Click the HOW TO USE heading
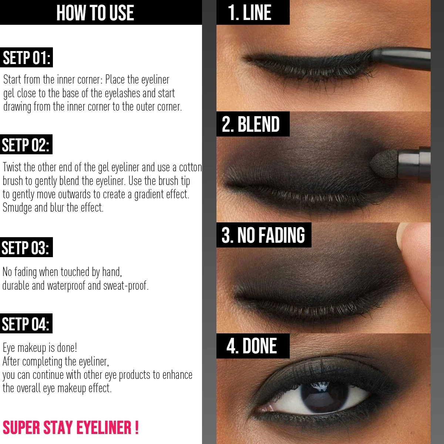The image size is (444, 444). (x=95, y=13)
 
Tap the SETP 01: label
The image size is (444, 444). (x=26, y=58)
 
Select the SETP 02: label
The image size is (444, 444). (x=26, y=145)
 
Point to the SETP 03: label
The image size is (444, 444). (x=26, y=248)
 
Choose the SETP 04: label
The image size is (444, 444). (x=26, y=324)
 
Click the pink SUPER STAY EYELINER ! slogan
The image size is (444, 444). (x=71, y=428)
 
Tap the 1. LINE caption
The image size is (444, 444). (x=250, y=13)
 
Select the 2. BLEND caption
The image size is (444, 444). (x=251, y=124)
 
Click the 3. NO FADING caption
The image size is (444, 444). (x=263, y=235)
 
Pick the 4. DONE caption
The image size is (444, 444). (x=252, y=346)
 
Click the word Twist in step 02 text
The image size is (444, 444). (x=12, y=167)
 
